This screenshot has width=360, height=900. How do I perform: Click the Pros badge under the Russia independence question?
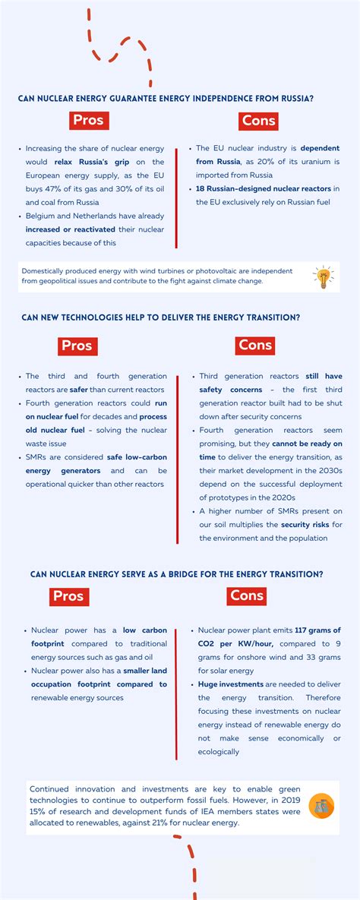click(87, 120)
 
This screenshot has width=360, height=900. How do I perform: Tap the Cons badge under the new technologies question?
click(255, 345)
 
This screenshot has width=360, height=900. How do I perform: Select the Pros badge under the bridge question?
click(68, 596)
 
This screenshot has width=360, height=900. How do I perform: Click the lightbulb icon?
click(323, 277)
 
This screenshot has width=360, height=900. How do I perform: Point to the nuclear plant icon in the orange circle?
click(321, 805)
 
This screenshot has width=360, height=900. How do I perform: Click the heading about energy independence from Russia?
click(166, 98)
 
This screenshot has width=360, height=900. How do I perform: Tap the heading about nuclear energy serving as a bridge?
click(176, 574)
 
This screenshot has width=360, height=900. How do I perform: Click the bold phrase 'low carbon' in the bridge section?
click(141, 630)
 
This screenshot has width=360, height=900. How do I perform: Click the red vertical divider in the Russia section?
click(176, 197)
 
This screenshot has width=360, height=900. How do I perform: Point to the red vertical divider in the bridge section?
click(176, 691)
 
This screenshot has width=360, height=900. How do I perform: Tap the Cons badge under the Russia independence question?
click(259, 120)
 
